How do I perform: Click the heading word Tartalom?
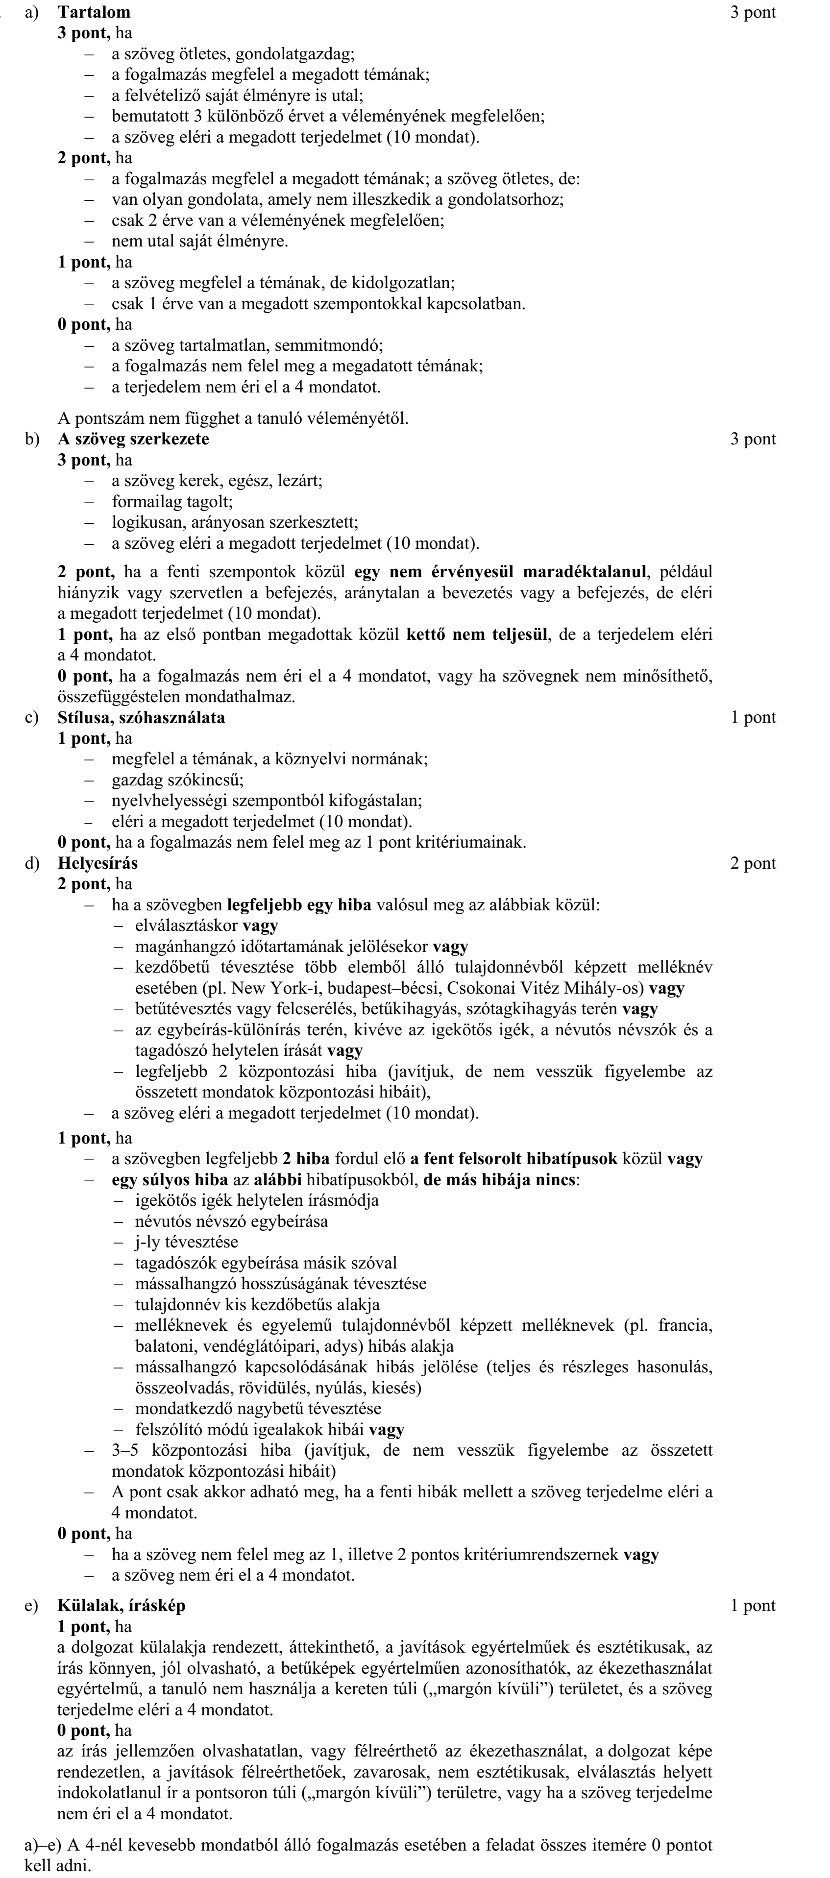coord(94,12)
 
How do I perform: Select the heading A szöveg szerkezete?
coord(133,439)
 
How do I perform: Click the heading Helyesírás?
coord(98,863)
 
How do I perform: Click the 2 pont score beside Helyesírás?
coord(753,863)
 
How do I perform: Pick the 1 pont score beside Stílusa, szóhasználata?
coord(753,717)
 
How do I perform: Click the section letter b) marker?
coord(31,439)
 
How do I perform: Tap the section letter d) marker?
coord(31,863)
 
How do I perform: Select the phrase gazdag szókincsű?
coord(177,780)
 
